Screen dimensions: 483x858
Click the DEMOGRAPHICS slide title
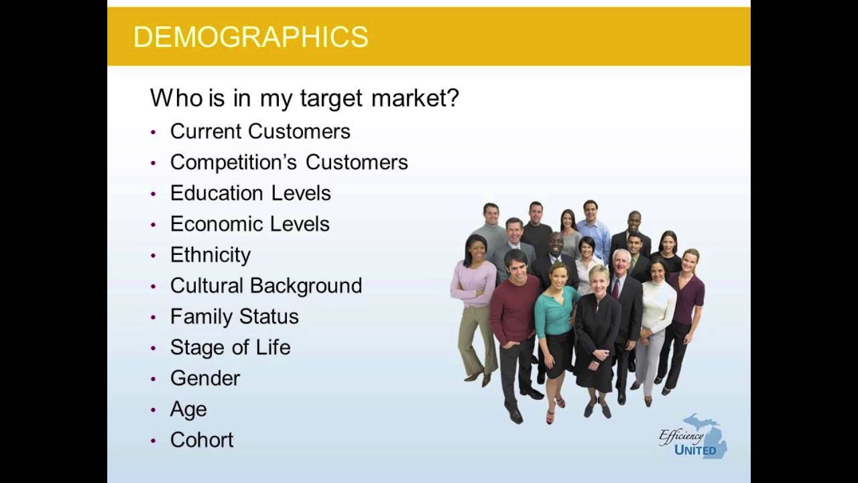click(251, 37)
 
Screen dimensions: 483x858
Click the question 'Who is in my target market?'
click(304, 98)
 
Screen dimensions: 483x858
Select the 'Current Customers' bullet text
click(260, 131)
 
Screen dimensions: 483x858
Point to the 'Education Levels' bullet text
click(250, 193)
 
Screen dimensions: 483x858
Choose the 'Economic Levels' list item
click(249, 223)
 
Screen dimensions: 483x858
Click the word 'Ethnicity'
click(210, 254)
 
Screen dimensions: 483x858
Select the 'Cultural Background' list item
click(265, 285)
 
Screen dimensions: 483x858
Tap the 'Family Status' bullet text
click(234, 316)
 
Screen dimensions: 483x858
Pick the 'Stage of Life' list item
click(230, 347)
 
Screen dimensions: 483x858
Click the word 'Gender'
click(204, 378)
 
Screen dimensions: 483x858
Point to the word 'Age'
click(188, 409)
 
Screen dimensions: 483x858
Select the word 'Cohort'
click(202, 439)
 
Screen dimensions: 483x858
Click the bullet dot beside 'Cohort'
click(154, 441)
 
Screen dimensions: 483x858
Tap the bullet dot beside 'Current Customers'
click(154, 132)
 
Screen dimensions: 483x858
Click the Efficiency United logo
click(693, 437)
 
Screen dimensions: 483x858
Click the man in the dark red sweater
click(514, 315)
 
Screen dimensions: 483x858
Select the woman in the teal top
click(556, 315)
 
